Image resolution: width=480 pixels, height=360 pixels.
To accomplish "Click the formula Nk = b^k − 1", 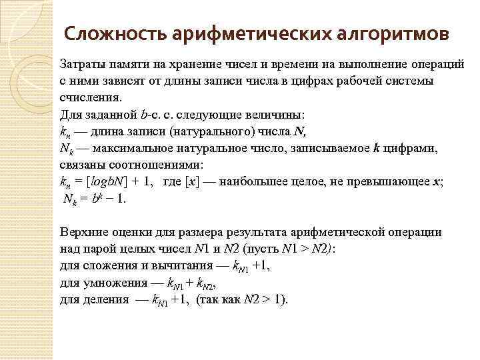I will click(x=94, y=199).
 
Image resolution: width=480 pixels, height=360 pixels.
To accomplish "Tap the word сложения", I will click(x=107, y=265).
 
